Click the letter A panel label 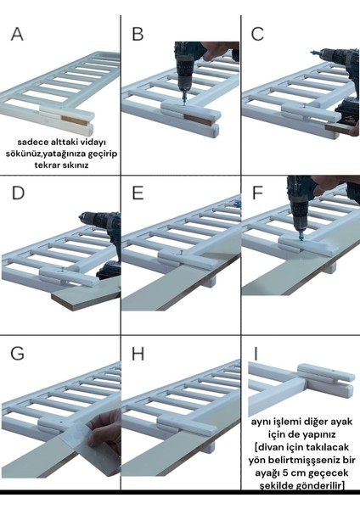[x=18, y=35]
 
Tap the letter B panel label [x=138, y=34]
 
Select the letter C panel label [x=259, y=34]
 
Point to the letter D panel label [x=18, y=194]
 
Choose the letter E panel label [x=138, y=194]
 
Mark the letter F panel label [x=258, y=194]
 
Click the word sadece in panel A [x=33, y=143]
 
